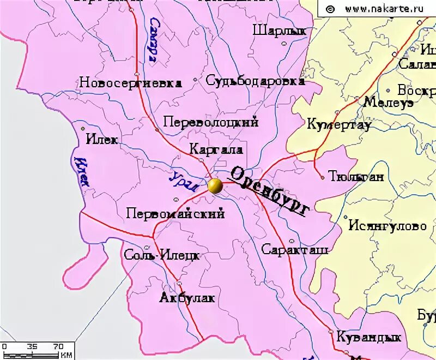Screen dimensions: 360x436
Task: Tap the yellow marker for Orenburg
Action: point(215,186)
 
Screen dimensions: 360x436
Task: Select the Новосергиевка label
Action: point(130,83)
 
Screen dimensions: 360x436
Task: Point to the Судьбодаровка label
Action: point(255,81)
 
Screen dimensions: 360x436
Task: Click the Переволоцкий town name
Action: point(210,122)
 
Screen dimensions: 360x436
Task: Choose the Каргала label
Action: point(216,149)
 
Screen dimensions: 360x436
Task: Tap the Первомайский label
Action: point(175,214)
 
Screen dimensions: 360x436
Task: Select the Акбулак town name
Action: point(187,298)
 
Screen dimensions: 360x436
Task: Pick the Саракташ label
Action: point(294,250)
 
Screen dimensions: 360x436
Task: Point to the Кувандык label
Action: point(369,337)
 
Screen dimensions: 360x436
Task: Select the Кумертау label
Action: point(339,124)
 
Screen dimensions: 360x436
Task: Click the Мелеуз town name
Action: point(388,103)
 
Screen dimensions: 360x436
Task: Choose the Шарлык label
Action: point(280,31)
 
